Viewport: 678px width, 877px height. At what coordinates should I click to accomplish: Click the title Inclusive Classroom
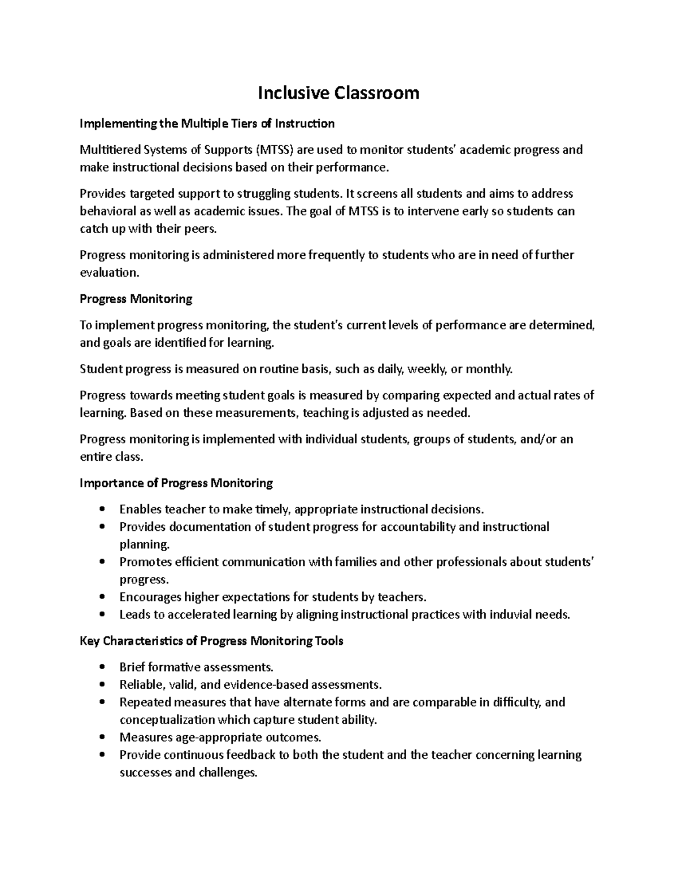click(x=338, y=93)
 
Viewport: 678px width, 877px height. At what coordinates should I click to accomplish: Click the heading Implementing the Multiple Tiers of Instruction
click(x=207, y=123)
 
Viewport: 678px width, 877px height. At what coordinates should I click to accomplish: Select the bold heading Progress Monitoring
click(x=136, y=299)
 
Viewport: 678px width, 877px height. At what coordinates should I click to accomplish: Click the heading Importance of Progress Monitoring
click(x=176, y=483)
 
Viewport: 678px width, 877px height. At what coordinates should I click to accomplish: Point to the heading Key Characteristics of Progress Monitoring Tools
click(x=211, y=641)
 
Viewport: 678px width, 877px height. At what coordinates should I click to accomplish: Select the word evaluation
click(x=108, y=273)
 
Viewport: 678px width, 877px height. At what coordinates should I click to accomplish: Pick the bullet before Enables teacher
click(x=102, y=509)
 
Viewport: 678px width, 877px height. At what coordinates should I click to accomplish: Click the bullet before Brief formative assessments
click(x=102, y=667)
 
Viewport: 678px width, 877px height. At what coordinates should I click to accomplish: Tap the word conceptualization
click(x=167, y=720)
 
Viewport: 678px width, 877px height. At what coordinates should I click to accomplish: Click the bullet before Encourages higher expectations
click(x=102, y=597)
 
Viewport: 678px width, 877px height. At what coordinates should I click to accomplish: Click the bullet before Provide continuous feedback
click(x=102, y=755)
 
